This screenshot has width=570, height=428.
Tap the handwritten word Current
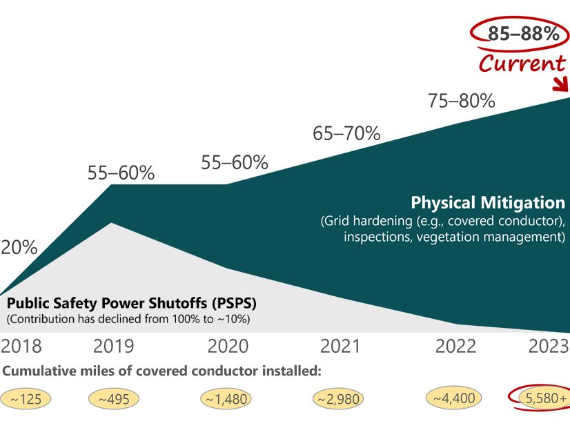pyautogui.click(x=522, y=64)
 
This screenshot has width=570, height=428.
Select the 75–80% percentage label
pyautogui.click(x=462, y=101)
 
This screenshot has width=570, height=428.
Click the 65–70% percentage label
pyautogui.click(x=346, y=133)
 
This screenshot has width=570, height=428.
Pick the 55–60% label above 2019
pyautogui.click(x=121, y=173)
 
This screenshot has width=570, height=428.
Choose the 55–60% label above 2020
pyautogui.click(x=235, y=163)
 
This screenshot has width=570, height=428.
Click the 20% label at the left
pyautogui.click(x=19, y=248)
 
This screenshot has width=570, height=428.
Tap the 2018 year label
pyautogui.click(x=21, y=346)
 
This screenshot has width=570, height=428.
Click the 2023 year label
pyautogui.click(x=549, y=346)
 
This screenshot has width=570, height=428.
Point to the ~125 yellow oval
pyautogui.click(x=21, y=399)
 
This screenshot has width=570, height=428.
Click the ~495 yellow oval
pyautogui.click(x=114, y=399)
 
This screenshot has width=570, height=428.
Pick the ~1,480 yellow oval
pyautogui.click(x=226, y=399)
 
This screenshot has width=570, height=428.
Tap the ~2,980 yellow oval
pyautogui.click(x=338, y=399)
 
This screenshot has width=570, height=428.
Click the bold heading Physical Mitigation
pyautogui.click(x=487, y=203)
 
